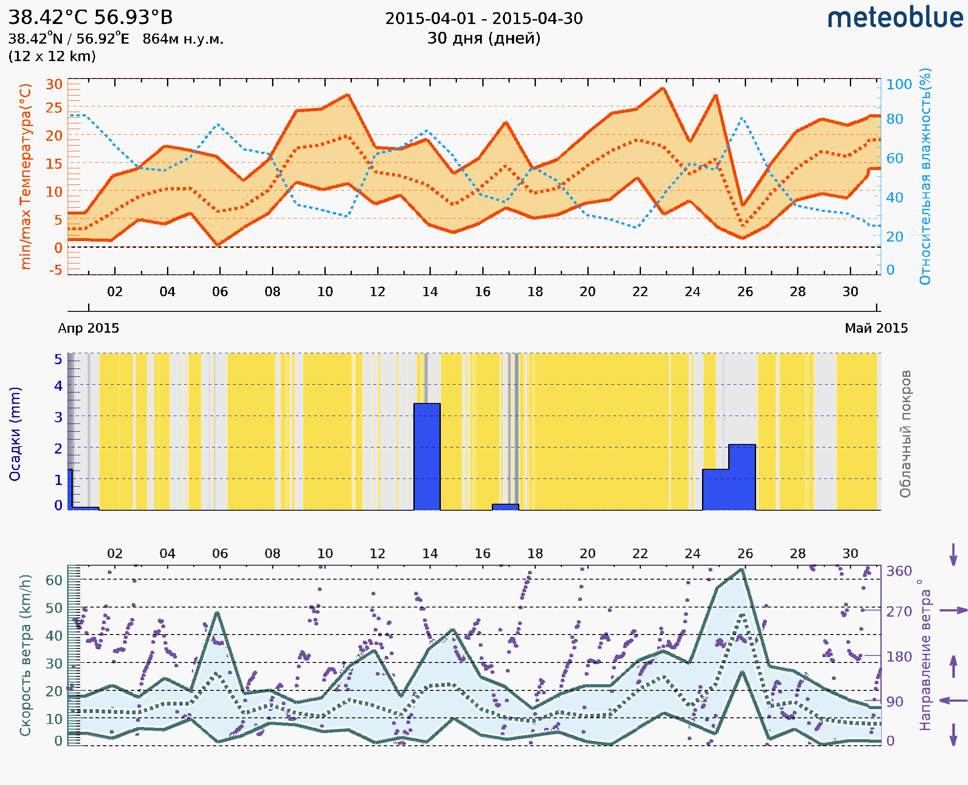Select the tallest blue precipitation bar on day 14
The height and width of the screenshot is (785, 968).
pos(427,457)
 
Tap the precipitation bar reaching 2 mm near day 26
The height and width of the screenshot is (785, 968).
pos(742,477)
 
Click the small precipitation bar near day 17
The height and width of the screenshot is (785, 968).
pos(505,507)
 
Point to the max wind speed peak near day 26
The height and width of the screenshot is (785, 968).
pos(742,569)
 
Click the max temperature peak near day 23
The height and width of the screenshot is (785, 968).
pos(663,88)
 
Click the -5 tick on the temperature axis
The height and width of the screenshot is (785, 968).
pos(56,270)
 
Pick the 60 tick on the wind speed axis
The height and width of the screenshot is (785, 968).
pos(54,580)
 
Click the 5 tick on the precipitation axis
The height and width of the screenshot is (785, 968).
pos(58,359)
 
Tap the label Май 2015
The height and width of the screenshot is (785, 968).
pos(876,328)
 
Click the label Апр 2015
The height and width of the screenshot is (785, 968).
pos(89,328)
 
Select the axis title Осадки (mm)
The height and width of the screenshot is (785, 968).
pos(15,434)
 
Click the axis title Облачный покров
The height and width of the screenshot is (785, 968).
pos(905,434)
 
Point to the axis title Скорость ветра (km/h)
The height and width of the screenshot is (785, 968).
pos(25,655)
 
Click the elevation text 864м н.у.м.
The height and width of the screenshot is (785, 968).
pos(183,39)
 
